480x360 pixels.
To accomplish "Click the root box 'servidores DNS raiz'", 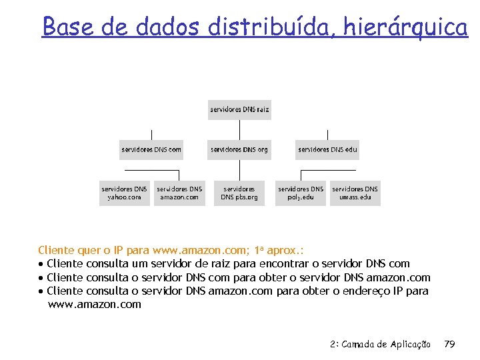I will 239,109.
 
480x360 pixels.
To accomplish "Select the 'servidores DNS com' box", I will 151,149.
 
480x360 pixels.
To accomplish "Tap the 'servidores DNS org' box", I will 239,149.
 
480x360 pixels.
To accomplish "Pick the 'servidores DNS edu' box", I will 327,149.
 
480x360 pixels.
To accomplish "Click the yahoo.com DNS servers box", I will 125,193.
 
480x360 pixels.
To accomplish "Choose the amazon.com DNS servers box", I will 179,193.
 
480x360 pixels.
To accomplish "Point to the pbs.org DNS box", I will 239,193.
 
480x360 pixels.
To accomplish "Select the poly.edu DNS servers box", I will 301,193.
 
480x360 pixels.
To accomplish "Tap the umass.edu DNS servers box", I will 355,193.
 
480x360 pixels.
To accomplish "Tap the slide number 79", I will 449,344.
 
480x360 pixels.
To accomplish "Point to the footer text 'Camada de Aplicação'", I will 389,344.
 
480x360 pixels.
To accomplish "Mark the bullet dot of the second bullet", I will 41,278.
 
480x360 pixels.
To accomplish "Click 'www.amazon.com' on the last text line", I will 95,305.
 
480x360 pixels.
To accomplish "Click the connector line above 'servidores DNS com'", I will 151,134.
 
